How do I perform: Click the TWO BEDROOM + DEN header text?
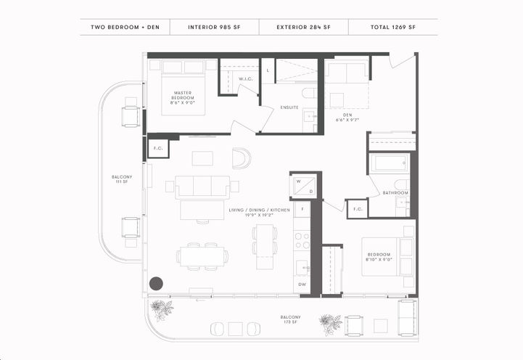click(x=125, y=28)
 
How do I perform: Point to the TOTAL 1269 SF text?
click(x=392, y=28)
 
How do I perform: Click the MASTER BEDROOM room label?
click(x=182, y=97)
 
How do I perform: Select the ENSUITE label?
click(x=289, y=107)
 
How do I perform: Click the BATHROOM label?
click(x=395, y=193)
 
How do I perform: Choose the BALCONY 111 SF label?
click(x=122, y=179)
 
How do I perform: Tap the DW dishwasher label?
click(x=302, y=285)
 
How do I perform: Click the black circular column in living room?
click(x=156, y=284)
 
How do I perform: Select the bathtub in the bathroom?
click(x=390, y=162)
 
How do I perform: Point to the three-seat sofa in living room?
click(x=202, y=187)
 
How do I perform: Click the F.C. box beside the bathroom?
click(x=357, y=209)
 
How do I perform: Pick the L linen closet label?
click(x=268, y=70)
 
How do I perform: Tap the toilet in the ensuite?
click(x=308, y=93)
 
